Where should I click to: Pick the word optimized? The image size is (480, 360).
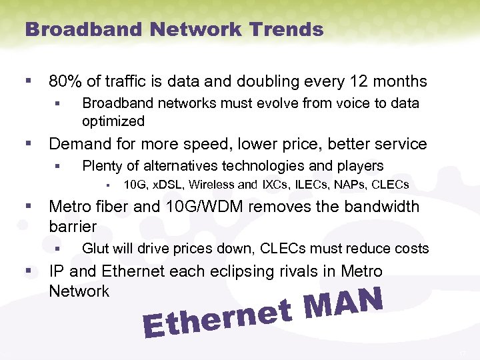(x=113, y=121)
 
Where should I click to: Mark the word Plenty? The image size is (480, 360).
(x=101, y=166)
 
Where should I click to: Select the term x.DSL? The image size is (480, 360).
(x=171, y=185)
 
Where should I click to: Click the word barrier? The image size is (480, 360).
(x=73, y=226)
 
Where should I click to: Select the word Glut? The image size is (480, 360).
(x=95, y=249)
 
